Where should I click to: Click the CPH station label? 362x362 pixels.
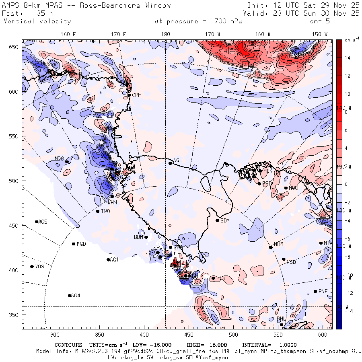point(137,95)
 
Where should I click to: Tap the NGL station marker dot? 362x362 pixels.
point(170,163)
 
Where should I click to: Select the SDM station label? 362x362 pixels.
point(225,220)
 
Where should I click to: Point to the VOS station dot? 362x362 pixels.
point(32,267)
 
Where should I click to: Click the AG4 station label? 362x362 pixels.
point(76,296)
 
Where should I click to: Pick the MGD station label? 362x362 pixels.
point(81,244)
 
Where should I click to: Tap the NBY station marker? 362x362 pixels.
point(271,247)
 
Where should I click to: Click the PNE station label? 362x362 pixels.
point(323,291)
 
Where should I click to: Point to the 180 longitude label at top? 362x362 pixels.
point(166,34)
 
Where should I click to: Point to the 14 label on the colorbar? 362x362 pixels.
point(348,58)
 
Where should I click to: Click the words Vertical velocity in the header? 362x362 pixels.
point(37,21)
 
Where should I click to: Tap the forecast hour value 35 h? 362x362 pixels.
point(39,13)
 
